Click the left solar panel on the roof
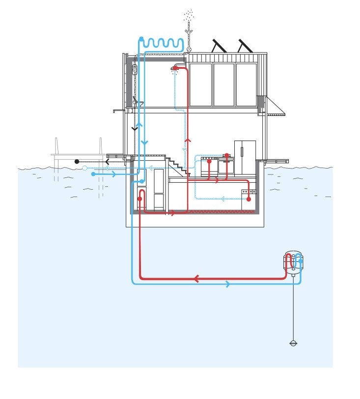coord(219,46)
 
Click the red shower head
coord(175,68)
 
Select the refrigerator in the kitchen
coord(245,158)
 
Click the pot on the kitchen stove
coord(227,156)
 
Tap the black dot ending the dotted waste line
coord(77,161)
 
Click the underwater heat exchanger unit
coord(294,262)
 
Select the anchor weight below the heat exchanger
coord(294,343)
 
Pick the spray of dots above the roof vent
coord(189,17)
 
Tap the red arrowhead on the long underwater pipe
coord(196,279)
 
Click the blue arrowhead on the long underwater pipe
coord(227,284)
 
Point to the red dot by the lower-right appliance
coord(249,199)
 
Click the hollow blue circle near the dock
coord(84,168)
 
